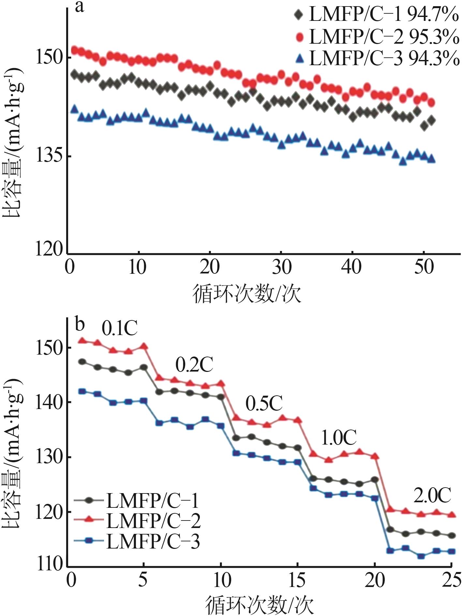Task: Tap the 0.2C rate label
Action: [x=194, y=365]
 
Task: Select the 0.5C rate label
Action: [x=264, y=404]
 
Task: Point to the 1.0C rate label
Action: [x=339, y=438]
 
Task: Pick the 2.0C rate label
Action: [x=432, y=496]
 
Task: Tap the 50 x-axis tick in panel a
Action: [x=424, y=267]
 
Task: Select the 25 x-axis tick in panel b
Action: [x=451, y=581]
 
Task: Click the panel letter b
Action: [x=80, y=324]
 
